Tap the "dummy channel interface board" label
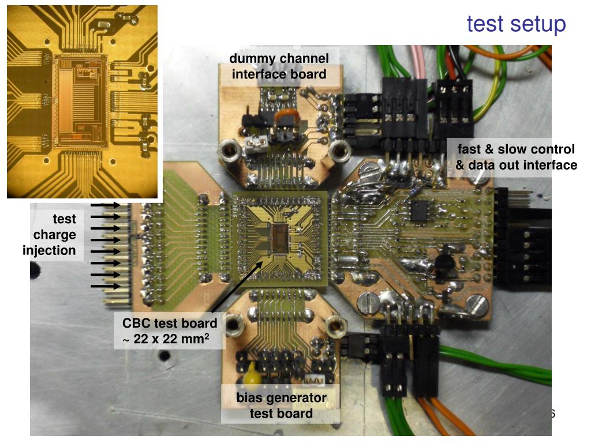click(x=279, y=66)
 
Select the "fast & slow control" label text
click(x=516, y=149)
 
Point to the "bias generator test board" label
click(x=281, y=406)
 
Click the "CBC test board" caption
click(x=170, y=323)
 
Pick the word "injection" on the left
click(x=49, y=250)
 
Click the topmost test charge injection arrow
click(x=106, y=205)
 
